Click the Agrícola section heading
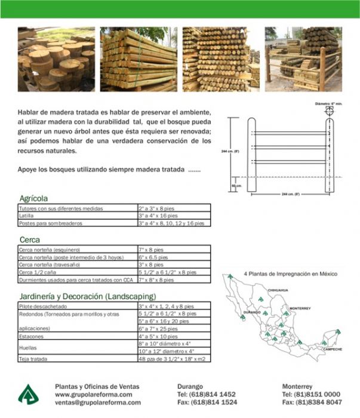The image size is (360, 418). [x=33, y=198]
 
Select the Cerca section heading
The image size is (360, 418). [x=29, y=239]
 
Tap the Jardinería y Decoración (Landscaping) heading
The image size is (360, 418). [x=87, y=296]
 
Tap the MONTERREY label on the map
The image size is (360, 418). [x=300, y=308]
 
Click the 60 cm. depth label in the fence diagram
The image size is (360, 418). [x=238, y=186]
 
